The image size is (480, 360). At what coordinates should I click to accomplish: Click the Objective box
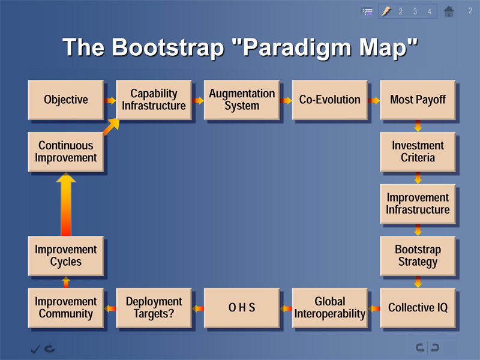[x=66, y=100]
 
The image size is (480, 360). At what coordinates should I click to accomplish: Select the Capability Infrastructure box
[x=154, y=100]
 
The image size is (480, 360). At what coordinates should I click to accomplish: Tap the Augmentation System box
[x=242, y=100]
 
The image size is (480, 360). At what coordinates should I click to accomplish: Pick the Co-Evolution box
[x=329, y=100]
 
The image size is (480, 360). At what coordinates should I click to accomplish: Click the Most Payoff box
[x=418, y=100]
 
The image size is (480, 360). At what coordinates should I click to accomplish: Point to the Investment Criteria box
[x=418, y=152]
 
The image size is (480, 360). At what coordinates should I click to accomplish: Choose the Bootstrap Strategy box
[x=418, y=256]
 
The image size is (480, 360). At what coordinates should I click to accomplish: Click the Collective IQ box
[x=418, y=308]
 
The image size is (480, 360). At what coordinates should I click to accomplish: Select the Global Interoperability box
[x=329, y=308]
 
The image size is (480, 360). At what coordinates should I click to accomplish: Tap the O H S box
[x=242, y=308]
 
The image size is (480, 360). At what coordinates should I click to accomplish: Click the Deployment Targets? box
[x=154, y=308]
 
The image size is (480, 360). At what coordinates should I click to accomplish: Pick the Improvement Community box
[x=66, y=308]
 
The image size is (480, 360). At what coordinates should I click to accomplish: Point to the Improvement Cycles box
[x=66, y=256]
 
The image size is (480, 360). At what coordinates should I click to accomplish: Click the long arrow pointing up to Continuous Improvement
[x=66, y=204]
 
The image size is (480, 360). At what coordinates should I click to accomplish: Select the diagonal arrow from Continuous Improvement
[x=111, y=127]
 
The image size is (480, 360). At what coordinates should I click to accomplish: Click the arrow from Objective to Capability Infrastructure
[x=110, y=100]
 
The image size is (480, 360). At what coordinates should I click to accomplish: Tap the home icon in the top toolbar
[x=449, y=11]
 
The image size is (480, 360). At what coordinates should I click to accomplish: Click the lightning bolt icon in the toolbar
[x=386, y=11]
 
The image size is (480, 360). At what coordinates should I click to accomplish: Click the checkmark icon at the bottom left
[x=35, y=349]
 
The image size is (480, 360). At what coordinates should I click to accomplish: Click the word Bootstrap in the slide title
[x=168, y=48]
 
